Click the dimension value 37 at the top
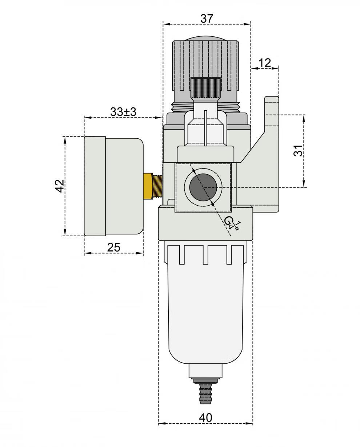[x=207, y=19]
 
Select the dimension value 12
[x=265, y=63]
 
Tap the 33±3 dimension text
[x=123, y=112]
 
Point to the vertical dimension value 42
[x=60, y=186]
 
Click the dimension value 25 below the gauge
[x=114, y=248]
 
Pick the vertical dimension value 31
[x=299, y=151]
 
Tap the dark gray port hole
[x=203, y=187]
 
